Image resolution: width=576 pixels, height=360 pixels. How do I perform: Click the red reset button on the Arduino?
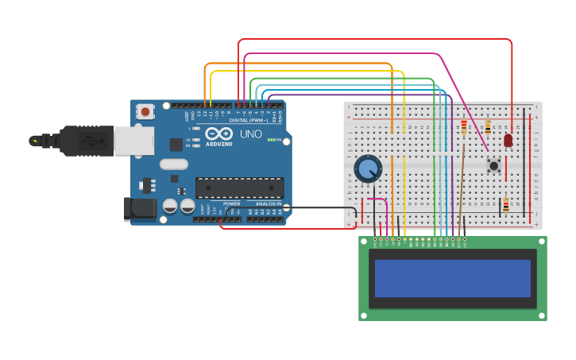click(145, 112)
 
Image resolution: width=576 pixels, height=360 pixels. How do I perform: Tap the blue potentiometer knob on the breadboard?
click(368, 168)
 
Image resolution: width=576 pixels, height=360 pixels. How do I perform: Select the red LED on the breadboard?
click(508, 141)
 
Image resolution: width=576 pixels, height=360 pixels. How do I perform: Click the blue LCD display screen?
click(452, 278)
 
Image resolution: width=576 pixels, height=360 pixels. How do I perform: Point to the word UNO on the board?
click(251, 134)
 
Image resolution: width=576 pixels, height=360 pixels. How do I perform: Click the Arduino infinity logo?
click(219, 133)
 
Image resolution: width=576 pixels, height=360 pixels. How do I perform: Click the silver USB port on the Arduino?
click(133, 141)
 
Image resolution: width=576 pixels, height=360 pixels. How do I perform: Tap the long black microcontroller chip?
click(239, 188)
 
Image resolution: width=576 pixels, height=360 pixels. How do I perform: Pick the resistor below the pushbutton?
click(505, 206)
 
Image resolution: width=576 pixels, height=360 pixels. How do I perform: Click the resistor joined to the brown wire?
click(464, 127)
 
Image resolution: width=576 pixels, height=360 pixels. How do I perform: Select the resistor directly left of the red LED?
click(487, 127)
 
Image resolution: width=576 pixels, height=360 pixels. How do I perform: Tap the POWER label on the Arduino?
click(231, 203)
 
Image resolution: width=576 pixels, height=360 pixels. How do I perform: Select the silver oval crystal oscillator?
click(174, 165)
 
